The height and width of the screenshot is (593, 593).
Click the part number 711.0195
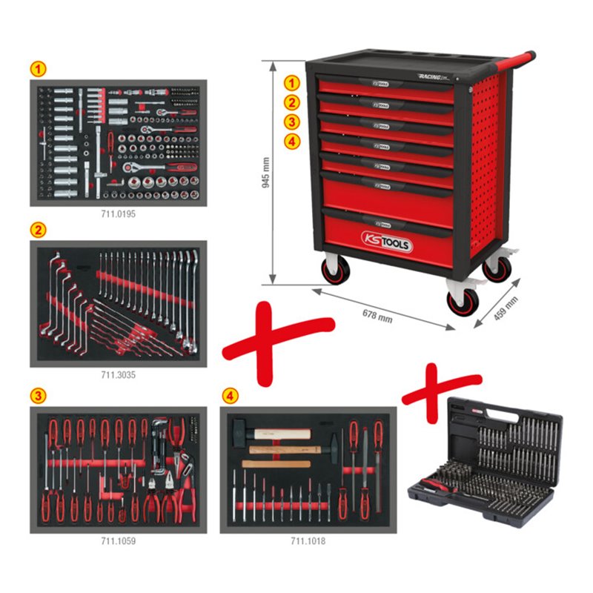(119, 213)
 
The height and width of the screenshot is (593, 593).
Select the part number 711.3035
(119, 374)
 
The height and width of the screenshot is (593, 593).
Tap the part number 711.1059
(119, 540)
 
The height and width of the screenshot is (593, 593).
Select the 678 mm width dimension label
(376, 314)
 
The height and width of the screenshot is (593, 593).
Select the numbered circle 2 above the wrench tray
(36, 229)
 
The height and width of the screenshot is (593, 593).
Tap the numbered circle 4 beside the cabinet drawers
(294, 141)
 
